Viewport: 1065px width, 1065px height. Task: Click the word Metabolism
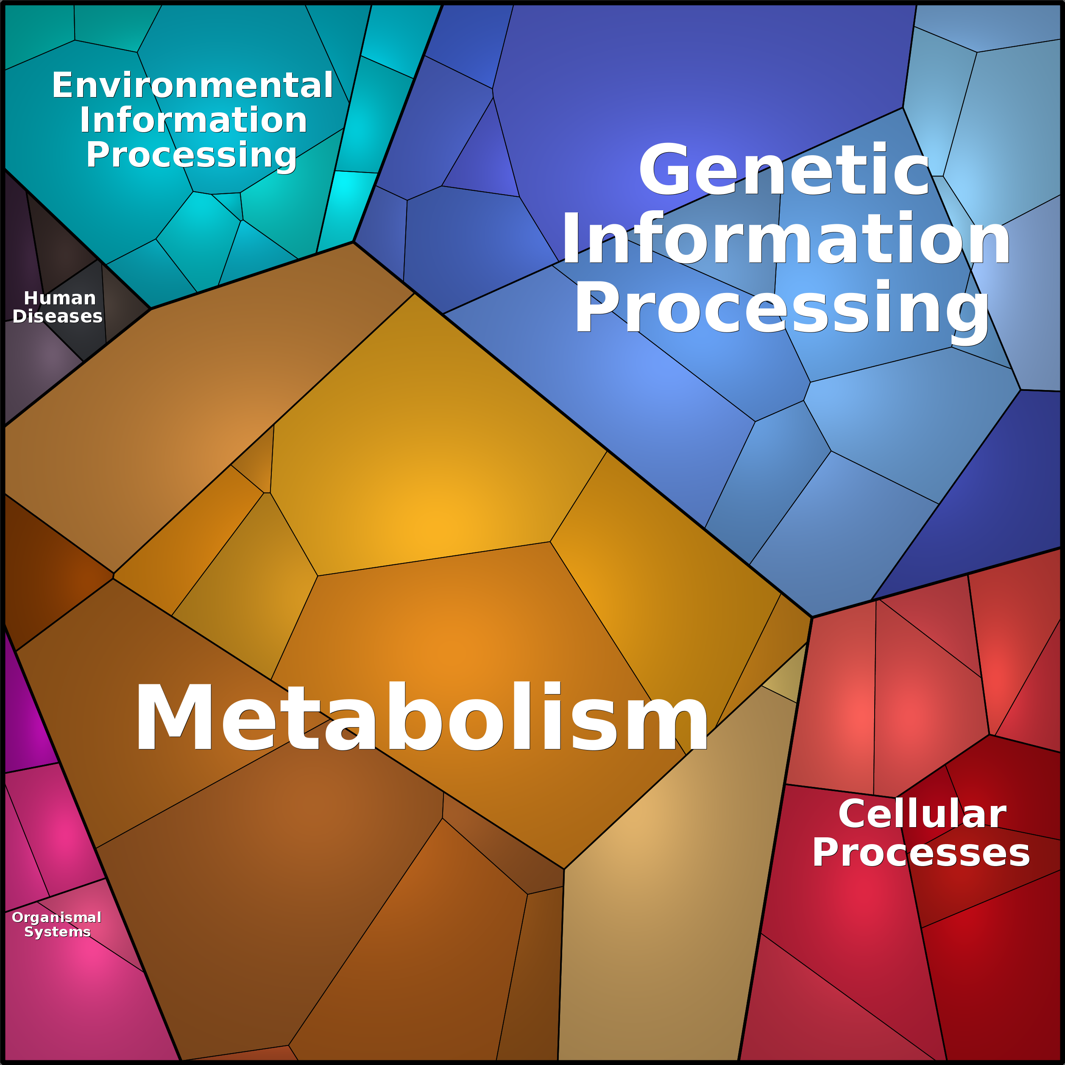(x=422, y=717)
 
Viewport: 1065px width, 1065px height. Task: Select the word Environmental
(x=192, y=86)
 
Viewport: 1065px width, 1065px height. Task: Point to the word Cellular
(x=922, y=814)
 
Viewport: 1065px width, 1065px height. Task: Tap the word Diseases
(x=57, y=316)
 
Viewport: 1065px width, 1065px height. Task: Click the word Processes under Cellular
(x=920, y=853)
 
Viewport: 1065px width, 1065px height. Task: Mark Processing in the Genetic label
(x=782, y=308)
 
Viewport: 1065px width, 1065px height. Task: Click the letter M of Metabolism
(x=174, y=717)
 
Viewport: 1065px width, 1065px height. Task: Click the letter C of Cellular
(x=853, y=814)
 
